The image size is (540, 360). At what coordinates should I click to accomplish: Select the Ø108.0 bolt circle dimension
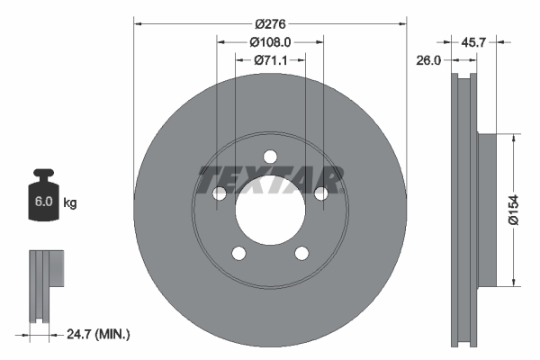(269, 40)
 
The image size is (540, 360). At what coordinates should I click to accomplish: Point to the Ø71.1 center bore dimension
(269, 60)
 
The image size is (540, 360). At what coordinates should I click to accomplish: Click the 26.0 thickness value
(428, 61)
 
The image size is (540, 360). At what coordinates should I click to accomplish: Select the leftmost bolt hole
(219, 193)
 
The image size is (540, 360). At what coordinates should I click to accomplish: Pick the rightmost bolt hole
(321, 193)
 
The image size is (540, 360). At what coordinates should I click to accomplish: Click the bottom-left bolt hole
(238, 254)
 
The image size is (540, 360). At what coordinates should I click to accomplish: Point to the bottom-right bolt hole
(301, 254)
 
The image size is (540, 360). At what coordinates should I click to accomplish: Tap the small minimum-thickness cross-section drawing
(45, 283)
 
